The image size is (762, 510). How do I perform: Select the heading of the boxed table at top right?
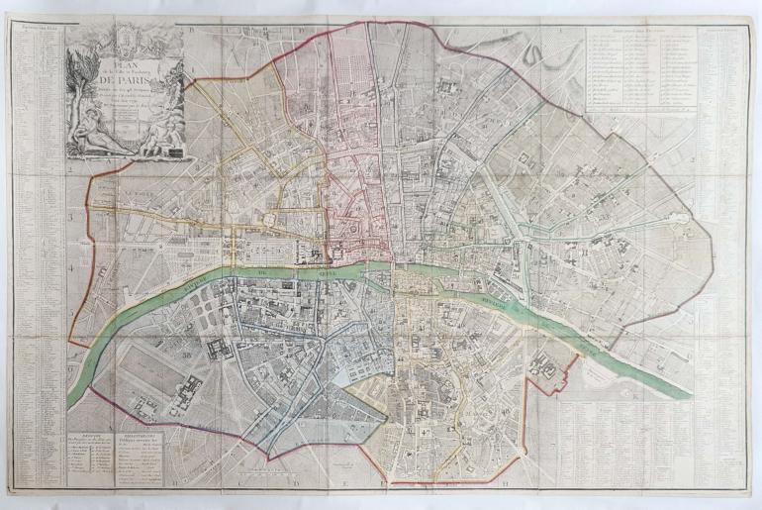(633, 29)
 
